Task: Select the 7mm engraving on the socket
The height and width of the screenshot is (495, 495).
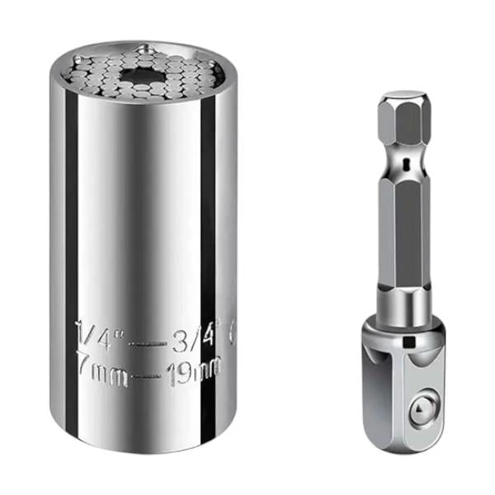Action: coord(98,364)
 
